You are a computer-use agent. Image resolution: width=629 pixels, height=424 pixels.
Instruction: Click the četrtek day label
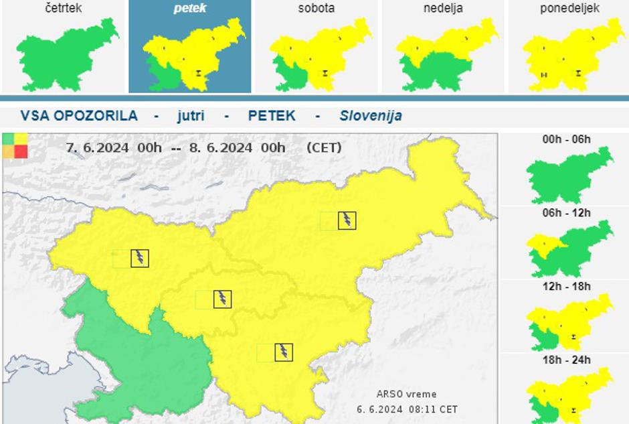pyautogui.click(x=64, y=9)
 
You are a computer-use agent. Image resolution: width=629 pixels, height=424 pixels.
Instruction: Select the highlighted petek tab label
pyautogui.click(x=190, y=9)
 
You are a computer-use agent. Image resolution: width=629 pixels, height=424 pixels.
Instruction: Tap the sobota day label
pyautogui.click(x=316, y=9)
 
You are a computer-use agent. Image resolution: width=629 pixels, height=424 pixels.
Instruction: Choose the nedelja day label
pyautogui.click(x=442, y=9)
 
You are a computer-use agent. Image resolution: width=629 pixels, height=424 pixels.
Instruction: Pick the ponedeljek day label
pyautogui.click(x=569, y=9)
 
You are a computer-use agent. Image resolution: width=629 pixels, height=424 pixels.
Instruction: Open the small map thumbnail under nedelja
pyautogui.click(x=444, y=56)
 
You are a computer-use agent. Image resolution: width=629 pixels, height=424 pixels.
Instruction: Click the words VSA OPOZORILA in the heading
pyautogui.click(x=79, y=115)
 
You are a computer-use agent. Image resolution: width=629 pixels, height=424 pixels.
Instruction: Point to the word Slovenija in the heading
pyautogui.click(x=371, y=115)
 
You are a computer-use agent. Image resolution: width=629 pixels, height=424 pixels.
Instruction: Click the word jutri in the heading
pyautogui.click(x=191, y=115)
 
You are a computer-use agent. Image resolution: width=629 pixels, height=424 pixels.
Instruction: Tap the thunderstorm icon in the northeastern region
pyautogui.click(x=347, y=220)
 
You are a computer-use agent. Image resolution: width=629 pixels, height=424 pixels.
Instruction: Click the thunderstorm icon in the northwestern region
pyautogui.click(x=139, y=258)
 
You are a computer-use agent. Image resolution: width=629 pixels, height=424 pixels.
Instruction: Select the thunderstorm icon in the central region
pyautogui.click(x=222, y=299)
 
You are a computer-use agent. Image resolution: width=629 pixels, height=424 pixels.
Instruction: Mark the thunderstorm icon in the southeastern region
pyautogui.click(x=284, y=352)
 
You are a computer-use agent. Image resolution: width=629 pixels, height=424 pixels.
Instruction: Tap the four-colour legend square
pyautogui.click(x=15, y=145)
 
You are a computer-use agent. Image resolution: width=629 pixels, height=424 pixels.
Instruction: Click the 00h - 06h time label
pyautogui.click(x=567, y=139)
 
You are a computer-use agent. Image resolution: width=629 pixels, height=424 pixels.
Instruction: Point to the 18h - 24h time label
pyautogui.click(x=567, y=360)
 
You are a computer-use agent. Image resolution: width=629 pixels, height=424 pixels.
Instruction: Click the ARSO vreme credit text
pyautogui.click(x=407, y=395)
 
